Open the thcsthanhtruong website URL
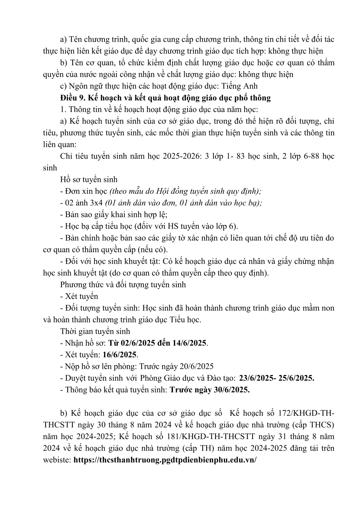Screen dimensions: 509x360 pyautogui.click(x=165, y=460)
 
